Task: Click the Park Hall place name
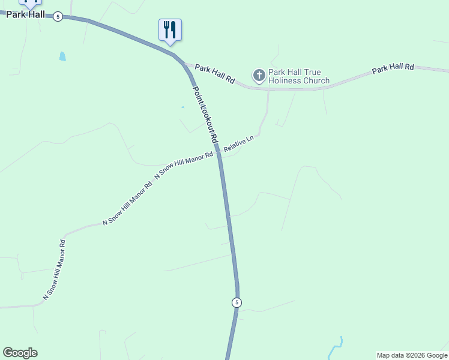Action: click(26, 14)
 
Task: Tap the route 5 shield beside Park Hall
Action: click(57, 16)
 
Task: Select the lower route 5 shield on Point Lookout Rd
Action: click(237, 302)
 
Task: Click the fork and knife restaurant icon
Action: click(170, 29)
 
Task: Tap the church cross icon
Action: click(259, 75)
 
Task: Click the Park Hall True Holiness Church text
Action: click(299, 76)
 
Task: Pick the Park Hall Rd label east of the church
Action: click(393, 68)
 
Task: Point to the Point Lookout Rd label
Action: click(205, 114)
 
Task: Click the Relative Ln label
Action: click(239, 144)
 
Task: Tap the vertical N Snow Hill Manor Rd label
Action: click(54, 270)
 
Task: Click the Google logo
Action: click(20, 353)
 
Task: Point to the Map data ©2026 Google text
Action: click(412, 355)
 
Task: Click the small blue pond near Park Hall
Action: click(62, 56)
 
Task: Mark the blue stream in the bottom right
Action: click(337, 347)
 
